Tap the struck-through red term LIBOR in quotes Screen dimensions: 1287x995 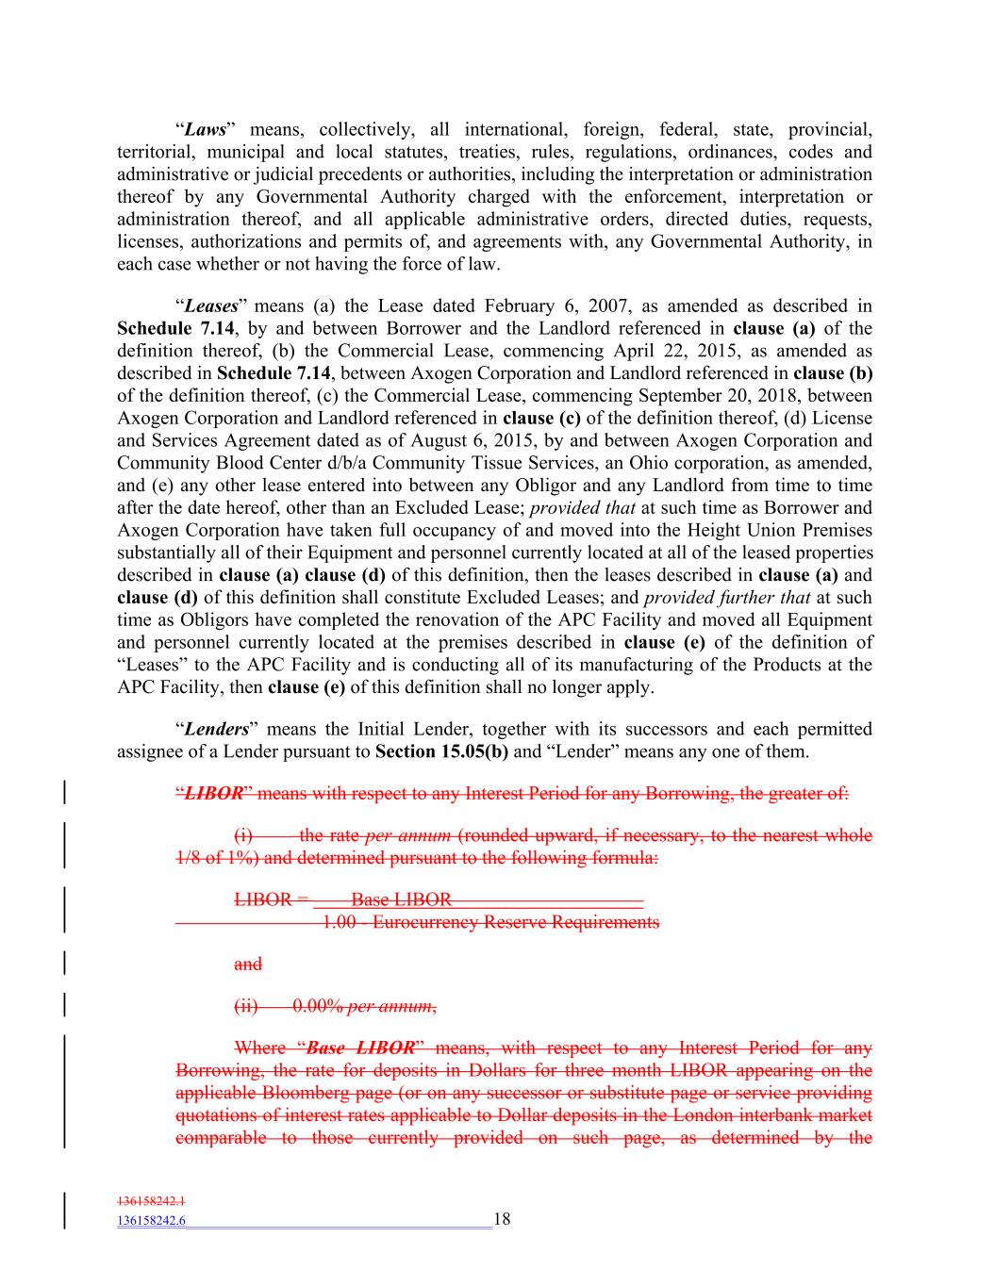coord(212,793)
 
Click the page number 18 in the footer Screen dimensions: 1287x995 coord(502,1219)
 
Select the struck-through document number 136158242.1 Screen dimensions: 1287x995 coord(151,1201)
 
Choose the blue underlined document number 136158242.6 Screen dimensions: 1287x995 coord(151,1221)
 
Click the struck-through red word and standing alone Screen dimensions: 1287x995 coord(247,964)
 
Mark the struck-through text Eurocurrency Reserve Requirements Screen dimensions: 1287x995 coord(516,921)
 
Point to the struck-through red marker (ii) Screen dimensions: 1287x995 coord(245,1006)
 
